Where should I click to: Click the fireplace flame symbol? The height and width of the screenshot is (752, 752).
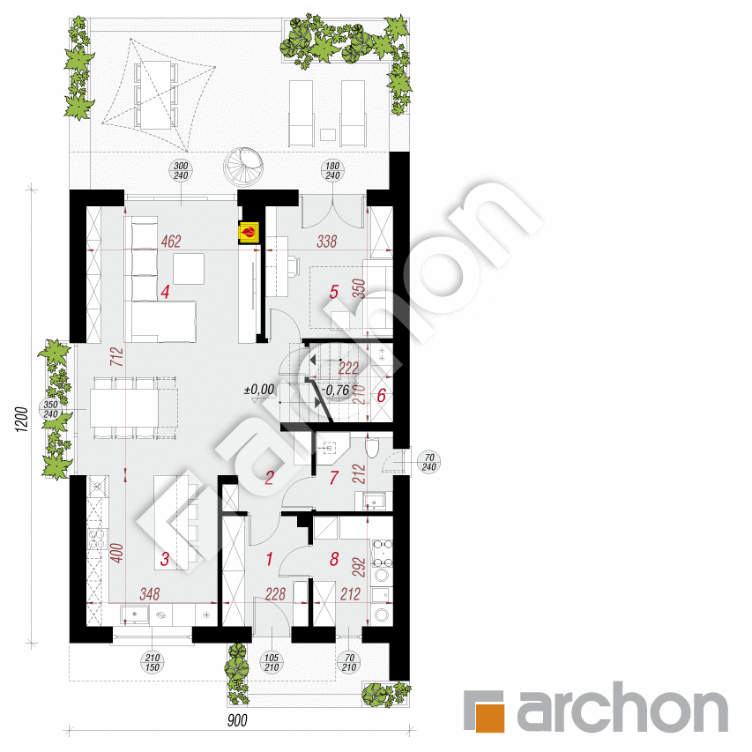pos(249,233)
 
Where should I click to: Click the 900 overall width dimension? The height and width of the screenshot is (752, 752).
pos(235,720)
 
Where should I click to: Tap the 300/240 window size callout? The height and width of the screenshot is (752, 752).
pos(182,171)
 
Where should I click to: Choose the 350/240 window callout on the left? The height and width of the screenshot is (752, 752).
pos(49,409)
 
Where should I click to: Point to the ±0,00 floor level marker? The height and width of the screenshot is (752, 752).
pos(261,388)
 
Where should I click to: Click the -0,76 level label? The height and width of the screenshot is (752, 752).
pos(338,389)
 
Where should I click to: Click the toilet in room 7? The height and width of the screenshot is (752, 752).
pos(372,450)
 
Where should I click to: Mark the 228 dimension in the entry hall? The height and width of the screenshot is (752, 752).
pos(275,595)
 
